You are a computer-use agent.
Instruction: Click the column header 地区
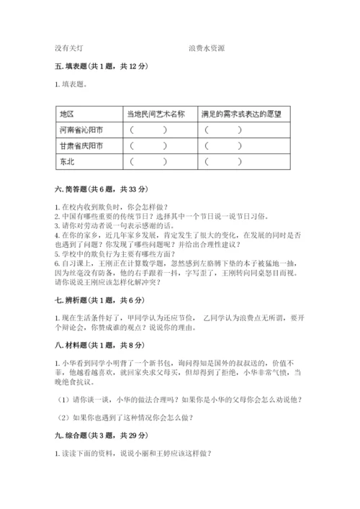pyautogui.click(x=68, y=114)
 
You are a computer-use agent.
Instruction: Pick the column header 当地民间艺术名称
pyautogui.click(x=156, y=114)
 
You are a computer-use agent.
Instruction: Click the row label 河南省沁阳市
pyautogui.click(x=81, y=130)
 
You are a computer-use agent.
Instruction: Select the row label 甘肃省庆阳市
pyautogui.click(x=81, y=146)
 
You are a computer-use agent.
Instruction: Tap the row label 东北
pyautogui.click(x=68, y=162)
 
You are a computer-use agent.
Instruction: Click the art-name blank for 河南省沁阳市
pyautogui.click(x=149, y=130)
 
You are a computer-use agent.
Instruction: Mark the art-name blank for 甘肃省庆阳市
pyautogui.click(x=149, y=146)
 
